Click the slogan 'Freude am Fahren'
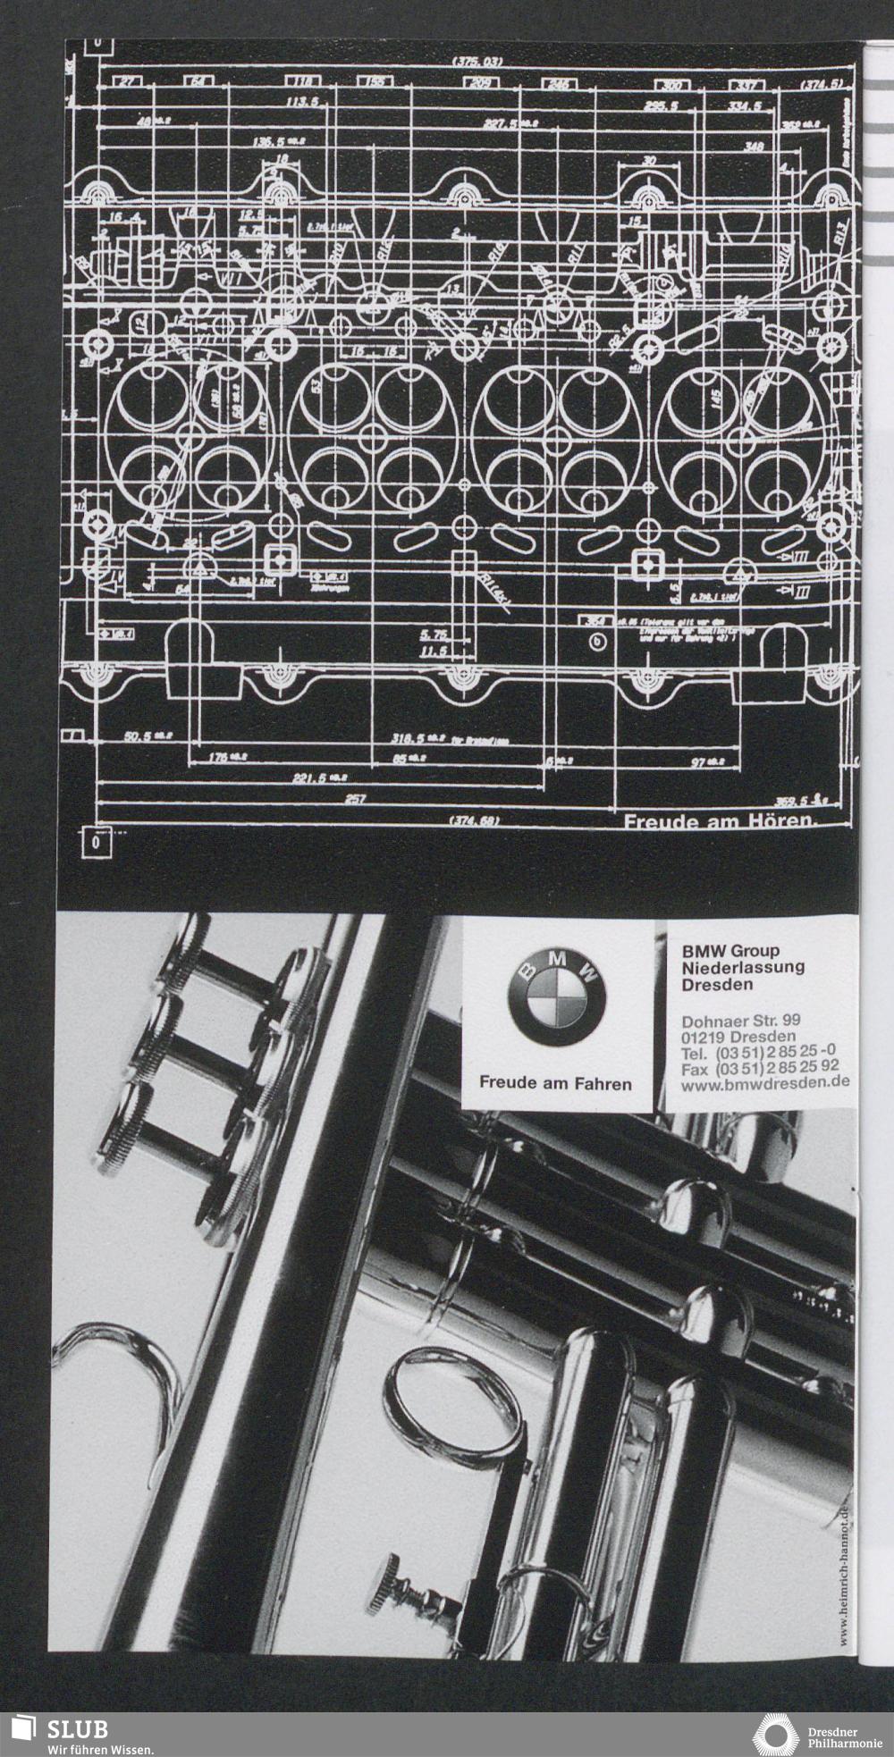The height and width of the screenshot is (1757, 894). click(555, 1083)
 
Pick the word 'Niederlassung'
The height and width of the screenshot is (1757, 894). click(743, 967)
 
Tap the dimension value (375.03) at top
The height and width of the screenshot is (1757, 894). click(477, 63)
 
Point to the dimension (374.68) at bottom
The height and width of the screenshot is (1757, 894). click(474, 820)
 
